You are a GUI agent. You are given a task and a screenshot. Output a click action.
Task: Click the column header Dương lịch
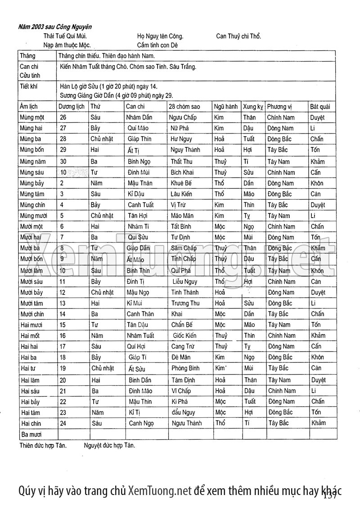(72, 107)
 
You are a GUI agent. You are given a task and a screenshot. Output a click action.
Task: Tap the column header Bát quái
(320, 107)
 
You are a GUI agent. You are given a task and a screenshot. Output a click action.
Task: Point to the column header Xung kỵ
(253, 107)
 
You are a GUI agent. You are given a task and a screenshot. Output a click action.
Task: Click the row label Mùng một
(32, 117)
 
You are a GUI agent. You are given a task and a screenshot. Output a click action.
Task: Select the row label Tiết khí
(30, 85)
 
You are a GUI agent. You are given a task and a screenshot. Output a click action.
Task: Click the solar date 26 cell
(63, 117)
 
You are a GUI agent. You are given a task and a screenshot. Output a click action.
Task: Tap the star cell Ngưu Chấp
(183, 117)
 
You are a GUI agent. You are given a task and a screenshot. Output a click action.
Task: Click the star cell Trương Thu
(185, 303)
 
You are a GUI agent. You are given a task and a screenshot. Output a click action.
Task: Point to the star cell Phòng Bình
(185, 368)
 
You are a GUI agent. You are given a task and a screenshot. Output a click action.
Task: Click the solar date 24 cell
(63, 423)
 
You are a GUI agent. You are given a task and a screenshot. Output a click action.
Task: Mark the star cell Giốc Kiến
(184, 335)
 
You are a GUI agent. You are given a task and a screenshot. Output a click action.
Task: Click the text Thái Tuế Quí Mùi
(65, 36)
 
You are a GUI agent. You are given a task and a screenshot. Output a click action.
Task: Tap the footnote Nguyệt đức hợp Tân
(109, 446)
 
